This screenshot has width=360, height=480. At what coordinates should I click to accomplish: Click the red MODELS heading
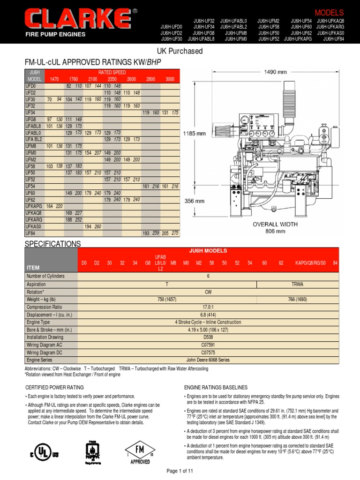coord(329,13)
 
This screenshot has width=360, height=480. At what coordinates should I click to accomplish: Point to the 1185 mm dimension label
coord(194,133)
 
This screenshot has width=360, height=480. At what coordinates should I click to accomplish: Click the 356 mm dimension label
coord(194,201)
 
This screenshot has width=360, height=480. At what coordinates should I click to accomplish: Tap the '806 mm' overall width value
coord(275,231)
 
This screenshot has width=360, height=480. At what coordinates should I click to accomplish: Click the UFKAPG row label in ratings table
coord(34,206)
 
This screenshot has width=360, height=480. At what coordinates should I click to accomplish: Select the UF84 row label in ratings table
coord(30,232)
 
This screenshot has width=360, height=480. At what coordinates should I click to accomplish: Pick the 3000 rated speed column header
coord(170,80)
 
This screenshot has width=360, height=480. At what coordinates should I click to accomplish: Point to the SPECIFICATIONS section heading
coord(52,244)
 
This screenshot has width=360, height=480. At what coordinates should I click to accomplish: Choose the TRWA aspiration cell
coord(298,285)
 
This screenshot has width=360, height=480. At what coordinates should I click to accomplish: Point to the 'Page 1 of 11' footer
coord(180,470)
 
